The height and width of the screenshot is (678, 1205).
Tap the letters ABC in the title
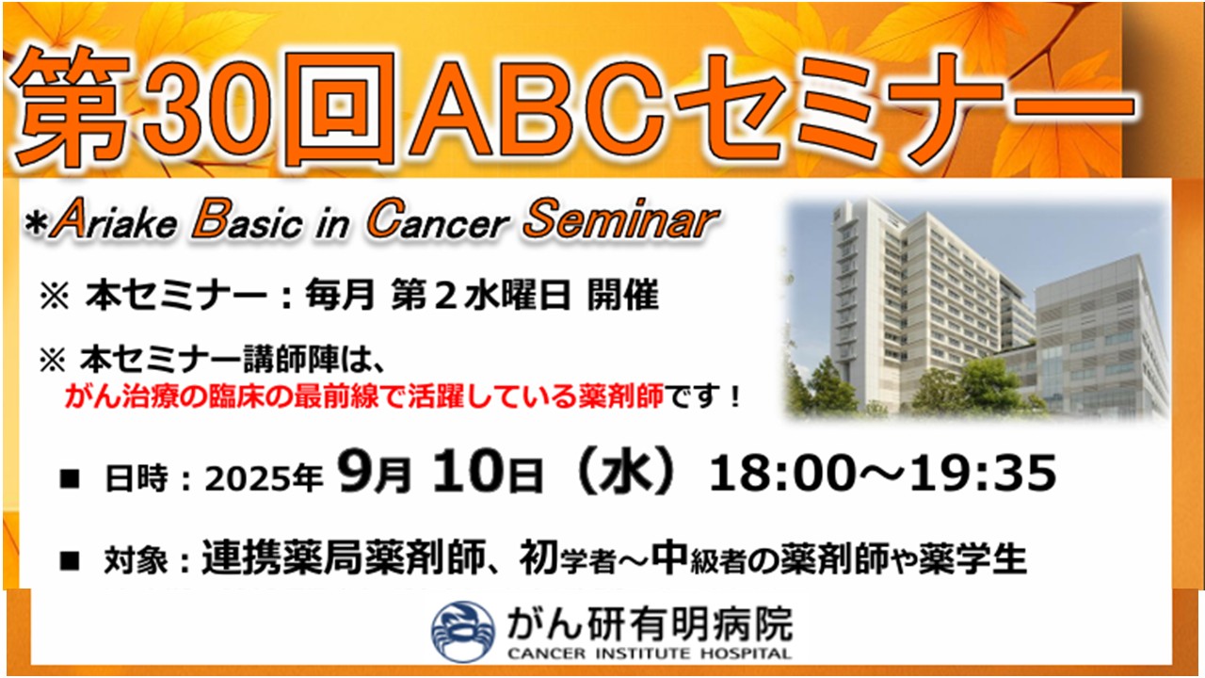[536, 108]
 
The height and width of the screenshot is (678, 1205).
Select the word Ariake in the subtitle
[114, 219]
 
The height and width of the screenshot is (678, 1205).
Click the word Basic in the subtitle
[247, 219]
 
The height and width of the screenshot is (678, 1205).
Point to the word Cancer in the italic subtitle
[438, 219]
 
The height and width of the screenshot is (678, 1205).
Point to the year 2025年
[264, 478]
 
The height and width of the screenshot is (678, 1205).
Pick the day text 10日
[488, 472]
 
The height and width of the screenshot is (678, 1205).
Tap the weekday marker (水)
[624, 472]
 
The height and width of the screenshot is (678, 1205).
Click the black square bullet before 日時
[70, 478]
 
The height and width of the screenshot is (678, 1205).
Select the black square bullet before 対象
[70, 560]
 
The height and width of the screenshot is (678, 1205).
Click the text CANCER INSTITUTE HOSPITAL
[650, 654]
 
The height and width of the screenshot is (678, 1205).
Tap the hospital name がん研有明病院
[650, 624]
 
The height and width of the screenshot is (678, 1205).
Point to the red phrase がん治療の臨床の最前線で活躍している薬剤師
[364, 397]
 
